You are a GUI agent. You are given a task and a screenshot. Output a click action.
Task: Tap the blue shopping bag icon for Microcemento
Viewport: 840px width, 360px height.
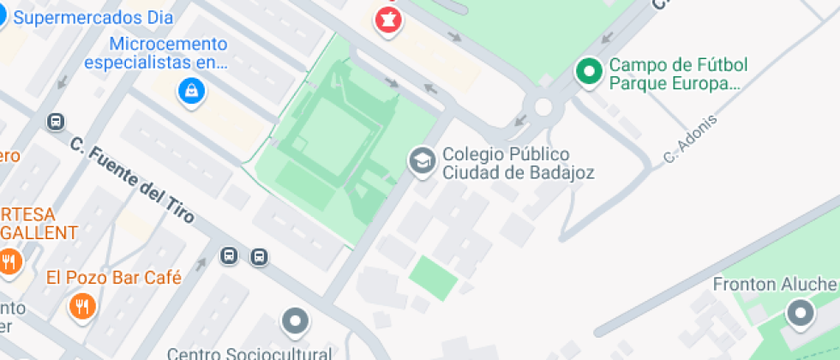click(x=191, y=90)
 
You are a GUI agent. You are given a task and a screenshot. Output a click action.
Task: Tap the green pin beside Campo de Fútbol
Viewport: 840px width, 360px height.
click(x=589, y=72)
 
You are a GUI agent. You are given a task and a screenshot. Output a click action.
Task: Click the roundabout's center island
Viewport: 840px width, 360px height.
click(x=543, y=106)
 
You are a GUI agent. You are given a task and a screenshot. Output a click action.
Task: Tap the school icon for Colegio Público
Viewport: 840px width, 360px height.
click(x=421, y=159)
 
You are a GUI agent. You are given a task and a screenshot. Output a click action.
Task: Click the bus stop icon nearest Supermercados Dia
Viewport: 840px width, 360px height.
click(x=57, y=122)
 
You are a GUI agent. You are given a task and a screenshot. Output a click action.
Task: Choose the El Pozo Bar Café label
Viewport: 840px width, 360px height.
click(x=114, y=277)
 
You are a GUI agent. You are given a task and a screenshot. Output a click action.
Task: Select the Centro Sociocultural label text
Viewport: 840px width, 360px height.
click(x=249, y=352)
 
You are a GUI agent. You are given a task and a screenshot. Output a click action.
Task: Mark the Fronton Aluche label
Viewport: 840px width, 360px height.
click(x=776, y=285)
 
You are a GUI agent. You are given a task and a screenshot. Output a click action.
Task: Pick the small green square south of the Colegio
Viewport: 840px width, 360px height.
click(x=433, y=277)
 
